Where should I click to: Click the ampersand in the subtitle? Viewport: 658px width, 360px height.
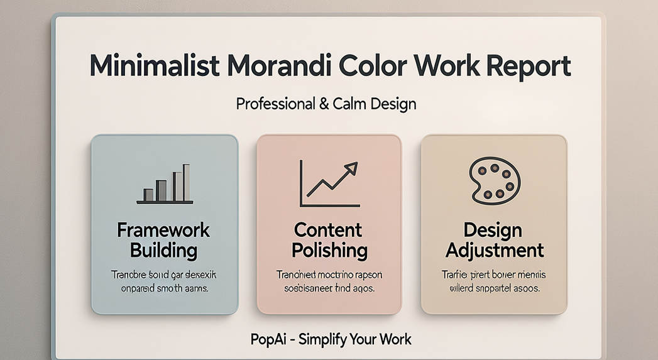coord(324,104)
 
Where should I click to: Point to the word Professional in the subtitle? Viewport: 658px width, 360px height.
coord(276,104)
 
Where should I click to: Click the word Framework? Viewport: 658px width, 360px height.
coord(163,230)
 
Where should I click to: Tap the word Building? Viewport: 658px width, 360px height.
coord(163,251)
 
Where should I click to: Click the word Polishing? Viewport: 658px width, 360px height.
coord(329,251)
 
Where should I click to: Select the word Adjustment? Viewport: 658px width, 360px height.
coord(494,251)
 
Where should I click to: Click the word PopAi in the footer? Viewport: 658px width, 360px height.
coord(268,340)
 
